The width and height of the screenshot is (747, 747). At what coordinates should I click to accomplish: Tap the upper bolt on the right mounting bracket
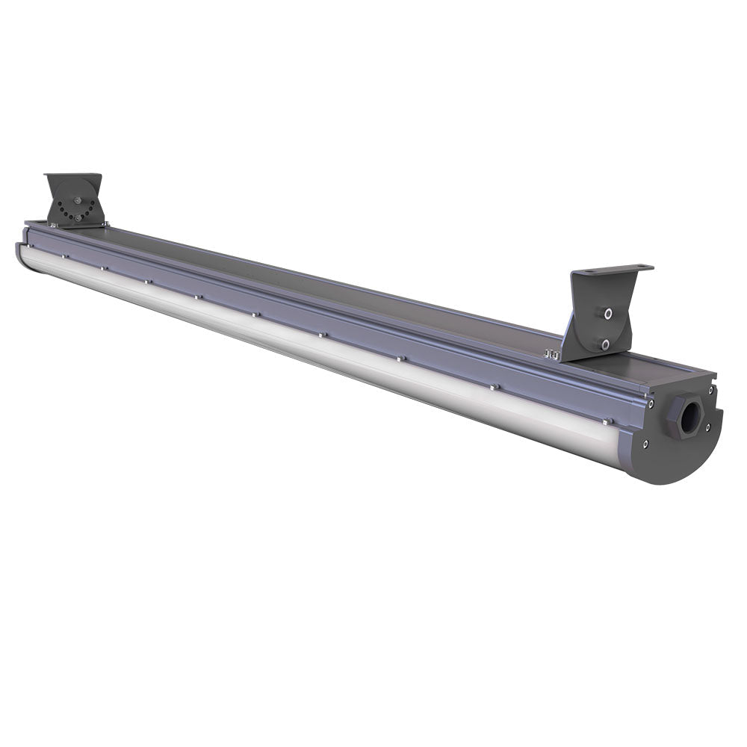pos(608,314)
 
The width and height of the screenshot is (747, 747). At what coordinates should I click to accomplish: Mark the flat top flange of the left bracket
pos(72,176)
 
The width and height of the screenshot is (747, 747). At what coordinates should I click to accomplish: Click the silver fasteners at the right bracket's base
pos(553,354)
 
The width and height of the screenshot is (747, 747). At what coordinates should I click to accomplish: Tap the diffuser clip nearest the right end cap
pos(494,387)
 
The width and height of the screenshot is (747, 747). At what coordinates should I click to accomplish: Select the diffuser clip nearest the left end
pos(65,256)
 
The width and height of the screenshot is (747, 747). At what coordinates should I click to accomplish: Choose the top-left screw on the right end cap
pos(652,403)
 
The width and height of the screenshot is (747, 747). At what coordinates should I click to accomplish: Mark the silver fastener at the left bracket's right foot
pos(105,223)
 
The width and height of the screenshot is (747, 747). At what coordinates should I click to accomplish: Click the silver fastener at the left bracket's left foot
pos(49,222)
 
